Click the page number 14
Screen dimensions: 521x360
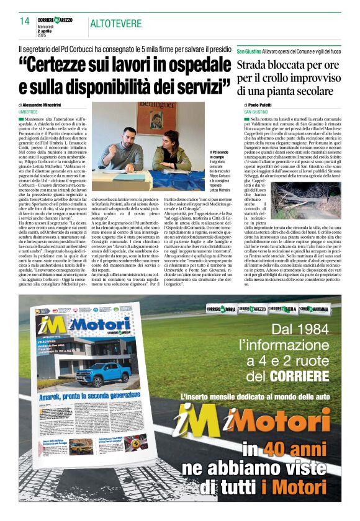25,21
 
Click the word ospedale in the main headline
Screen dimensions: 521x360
186,64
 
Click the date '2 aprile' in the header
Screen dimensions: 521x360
47,30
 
